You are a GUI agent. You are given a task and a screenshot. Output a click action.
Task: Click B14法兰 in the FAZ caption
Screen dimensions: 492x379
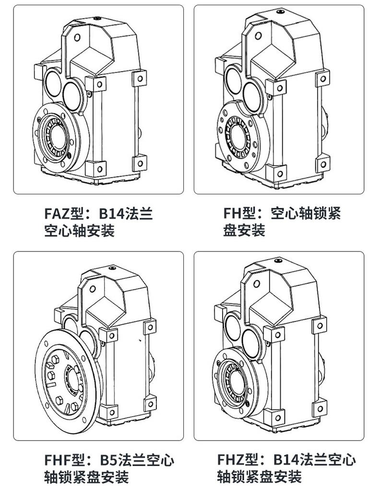click(x=126, y=214)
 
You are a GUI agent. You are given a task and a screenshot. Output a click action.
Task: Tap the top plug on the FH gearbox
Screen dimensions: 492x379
click(x=278, y=18)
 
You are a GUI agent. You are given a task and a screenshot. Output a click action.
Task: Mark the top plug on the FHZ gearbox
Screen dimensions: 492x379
click(x=277, y=260)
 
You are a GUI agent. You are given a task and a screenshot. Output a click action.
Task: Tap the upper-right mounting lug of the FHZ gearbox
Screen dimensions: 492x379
click(x=319, y=325)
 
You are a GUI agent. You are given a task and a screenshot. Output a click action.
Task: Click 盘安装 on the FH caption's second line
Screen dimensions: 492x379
click(x=244, y=230)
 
